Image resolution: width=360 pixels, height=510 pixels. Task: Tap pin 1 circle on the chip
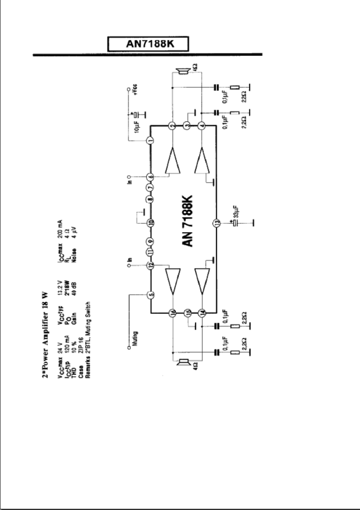pyautogui.click(x=150, y=140)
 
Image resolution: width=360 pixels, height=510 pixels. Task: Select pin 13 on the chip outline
pyautogui.click(x=216, y=224)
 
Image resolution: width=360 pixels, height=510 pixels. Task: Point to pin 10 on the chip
pyautogui.click(x=150, y=223)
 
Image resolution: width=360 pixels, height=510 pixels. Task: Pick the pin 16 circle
pyautogui.click(x=172, y=313)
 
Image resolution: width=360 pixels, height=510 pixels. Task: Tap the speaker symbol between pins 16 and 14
pyautogui.click(x=183, y=362)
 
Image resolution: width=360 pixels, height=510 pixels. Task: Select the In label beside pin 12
pyautogui.click(x=129, y=260)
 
